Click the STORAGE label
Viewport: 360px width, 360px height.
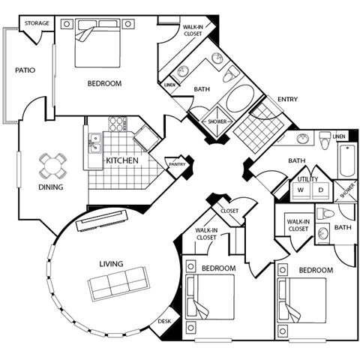click(37, 23)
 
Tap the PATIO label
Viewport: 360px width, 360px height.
click(25, 70)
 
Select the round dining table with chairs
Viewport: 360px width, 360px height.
click(52, 163)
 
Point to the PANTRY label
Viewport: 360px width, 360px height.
click(178, 164)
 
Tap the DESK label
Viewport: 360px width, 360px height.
click(164, 322)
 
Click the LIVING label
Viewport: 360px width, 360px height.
click(111, 264)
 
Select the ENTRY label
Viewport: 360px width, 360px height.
click(288, 99)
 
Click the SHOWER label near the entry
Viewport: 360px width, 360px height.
click(217, 121)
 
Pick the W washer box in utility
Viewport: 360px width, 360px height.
click(301, 190)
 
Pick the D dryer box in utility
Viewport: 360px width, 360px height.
click(322, 190)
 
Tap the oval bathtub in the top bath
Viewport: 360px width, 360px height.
click(241, 98)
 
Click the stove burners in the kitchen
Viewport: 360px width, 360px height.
click(118, 123)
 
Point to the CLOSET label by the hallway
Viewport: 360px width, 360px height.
click(229, 211)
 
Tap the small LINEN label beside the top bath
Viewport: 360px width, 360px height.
click(170, 85)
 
